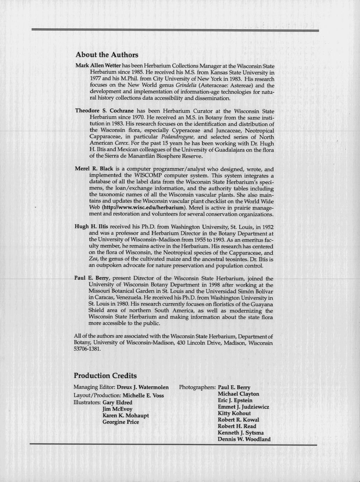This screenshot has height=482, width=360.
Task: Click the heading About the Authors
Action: pyautogui.click(x=107, y=55)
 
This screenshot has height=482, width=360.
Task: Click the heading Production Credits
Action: pyautogui.click(x=105, y=376)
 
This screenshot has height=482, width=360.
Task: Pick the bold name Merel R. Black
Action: pyautogui.click(x=94, y=169)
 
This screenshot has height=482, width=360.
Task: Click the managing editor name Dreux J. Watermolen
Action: pyautogui.click(x=143, y=387)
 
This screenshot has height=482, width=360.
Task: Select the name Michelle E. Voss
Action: pyautogui.click(x=143, y=396)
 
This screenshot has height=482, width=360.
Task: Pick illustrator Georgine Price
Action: pyautogui.click(x=121, y=422)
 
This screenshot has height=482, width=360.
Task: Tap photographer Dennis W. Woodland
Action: pyautogui.click(x=244, y=439)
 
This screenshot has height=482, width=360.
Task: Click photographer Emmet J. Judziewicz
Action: pyautogui.click(x=243, y=407)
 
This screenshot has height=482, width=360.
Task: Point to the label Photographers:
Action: pyautogui.click(x=197, y=387)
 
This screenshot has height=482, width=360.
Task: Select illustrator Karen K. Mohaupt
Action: pyautogui.click(x=125, y=416)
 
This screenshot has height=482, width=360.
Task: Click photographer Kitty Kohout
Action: pyautogui.click(x=234, y=413)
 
